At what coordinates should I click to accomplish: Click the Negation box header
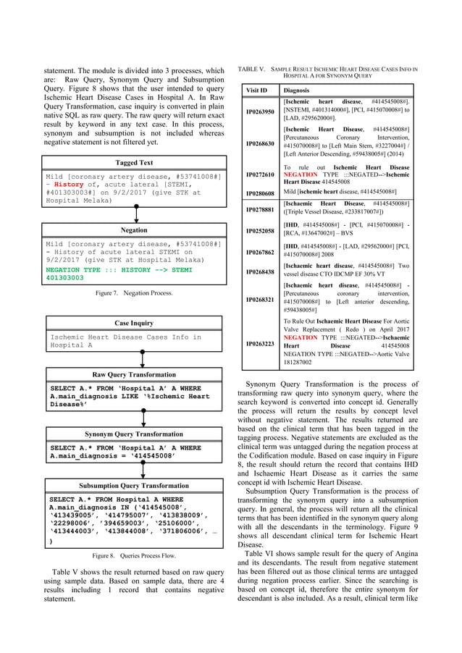click(x=135, y=229)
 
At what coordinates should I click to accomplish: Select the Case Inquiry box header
click(x=135, y=324)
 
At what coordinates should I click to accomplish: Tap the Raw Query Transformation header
click(x=135, y=374)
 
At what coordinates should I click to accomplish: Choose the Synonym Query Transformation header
click(x=135, y=434)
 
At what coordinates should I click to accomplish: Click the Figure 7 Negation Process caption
click(x=135, y=295)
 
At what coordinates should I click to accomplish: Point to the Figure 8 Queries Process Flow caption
click(x=135, y=555)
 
